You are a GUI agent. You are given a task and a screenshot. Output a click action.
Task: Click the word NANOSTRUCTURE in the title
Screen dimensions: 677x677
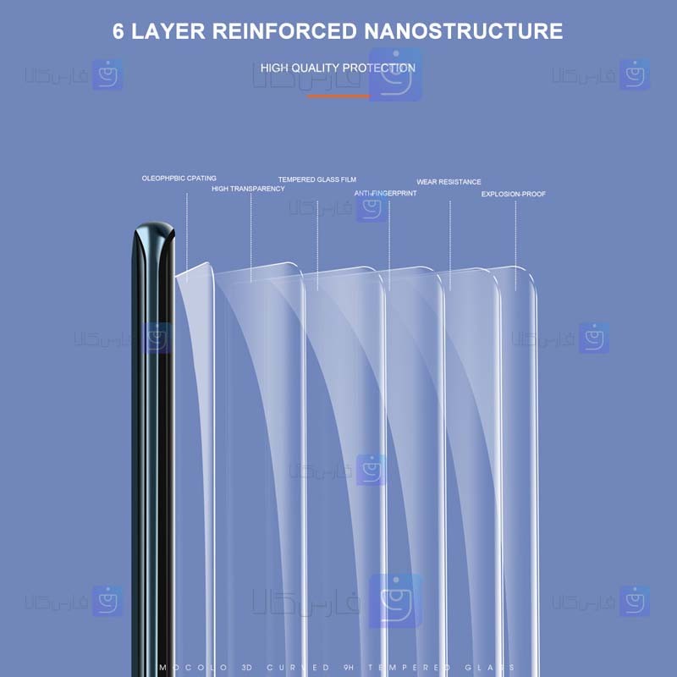[x=463, y=31]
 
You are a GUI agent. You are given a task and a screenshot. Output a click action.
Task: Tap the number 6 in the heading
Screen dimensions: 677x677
[x=120, y=31]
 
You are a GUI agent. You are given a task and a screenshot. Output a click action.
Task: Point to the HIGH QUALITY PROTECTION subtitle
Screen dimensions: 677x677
[x=338, y=68]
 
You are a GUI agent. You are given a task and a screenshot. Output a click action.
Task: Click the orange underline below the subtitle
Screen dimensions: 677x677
[x=338, y=96]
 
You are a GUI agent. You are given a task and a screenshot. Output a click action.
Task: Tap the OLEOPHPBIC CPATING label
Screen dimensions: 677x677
[x=179, y=179]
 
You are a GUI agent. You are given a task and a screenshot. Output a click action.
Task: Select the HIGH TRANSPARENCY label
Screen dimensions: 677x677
[x=248, y=189]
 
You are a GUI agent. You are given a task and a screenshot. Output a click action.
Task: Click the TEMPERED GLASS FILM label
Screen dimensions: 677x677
[x=317, y=179]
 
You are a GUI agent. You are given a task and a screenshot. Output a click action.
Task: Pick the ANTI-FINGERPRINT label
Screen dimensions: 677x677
[x=385, y=193]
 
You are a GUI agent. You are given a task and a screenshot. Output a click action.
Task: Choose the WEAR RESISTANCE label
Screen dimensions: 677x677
[x=449, y=182]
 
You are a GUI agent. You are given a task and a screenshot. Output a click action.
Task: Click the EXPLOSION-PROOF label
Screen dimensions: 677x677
[x=514, y=194]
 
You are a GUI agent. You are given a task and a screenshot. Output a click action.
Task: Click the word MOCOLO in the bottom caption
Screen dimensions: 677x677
[x=181, y=668]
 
